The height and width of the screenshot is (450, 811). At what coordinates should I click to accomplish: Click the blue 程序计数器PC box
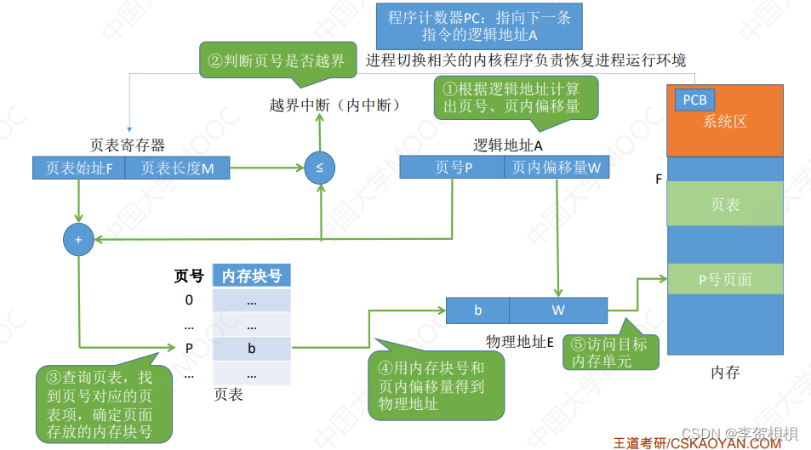click(x=479, y=26)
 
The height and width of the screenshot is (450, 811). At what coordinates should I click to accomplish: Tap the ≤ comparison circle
click(x=319, y=168)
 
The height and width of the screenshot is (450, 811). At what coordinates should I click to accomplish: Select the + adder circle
click(x=78, y=241)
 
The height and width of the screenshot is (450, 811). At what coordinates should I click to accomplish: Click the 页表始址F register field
click(x=78, y=168)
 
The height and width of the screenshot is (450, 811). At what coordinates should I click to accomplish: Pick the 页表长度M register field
click(x=177, y=168)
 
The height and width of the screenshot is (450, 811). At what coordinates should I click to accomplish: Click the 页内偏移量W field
click(x=556, y=168)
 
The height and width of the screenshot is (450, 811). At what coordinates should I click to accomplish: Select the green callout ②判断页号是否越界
click(x=276, y=61)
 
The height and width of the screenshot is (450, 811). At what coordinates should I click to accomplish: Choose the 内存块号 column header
click(x=251, y=276)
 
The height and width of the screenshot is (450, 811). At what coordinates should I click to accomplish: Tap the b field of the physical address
click(x=477, y=310)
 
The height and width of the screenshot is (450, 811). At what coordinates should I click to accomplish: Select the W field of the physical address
click(x=557, y=310)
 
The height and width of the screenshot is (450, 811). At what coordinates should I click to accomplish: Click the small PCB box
click(x=694, y=100)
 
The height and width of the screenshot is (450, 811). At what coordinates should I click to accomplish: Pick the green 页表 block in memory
click(x=724, y=205)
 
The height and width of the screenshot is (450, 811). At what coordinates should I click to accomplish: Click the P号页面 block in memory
click(x=724, y=279)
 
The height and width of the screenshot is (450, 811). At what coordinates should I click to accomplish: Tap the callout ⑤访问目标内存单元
click(x=610, y=352)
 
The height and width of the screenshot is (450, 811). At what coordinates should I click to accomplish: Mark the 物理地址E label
click(x=520, y=341)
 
